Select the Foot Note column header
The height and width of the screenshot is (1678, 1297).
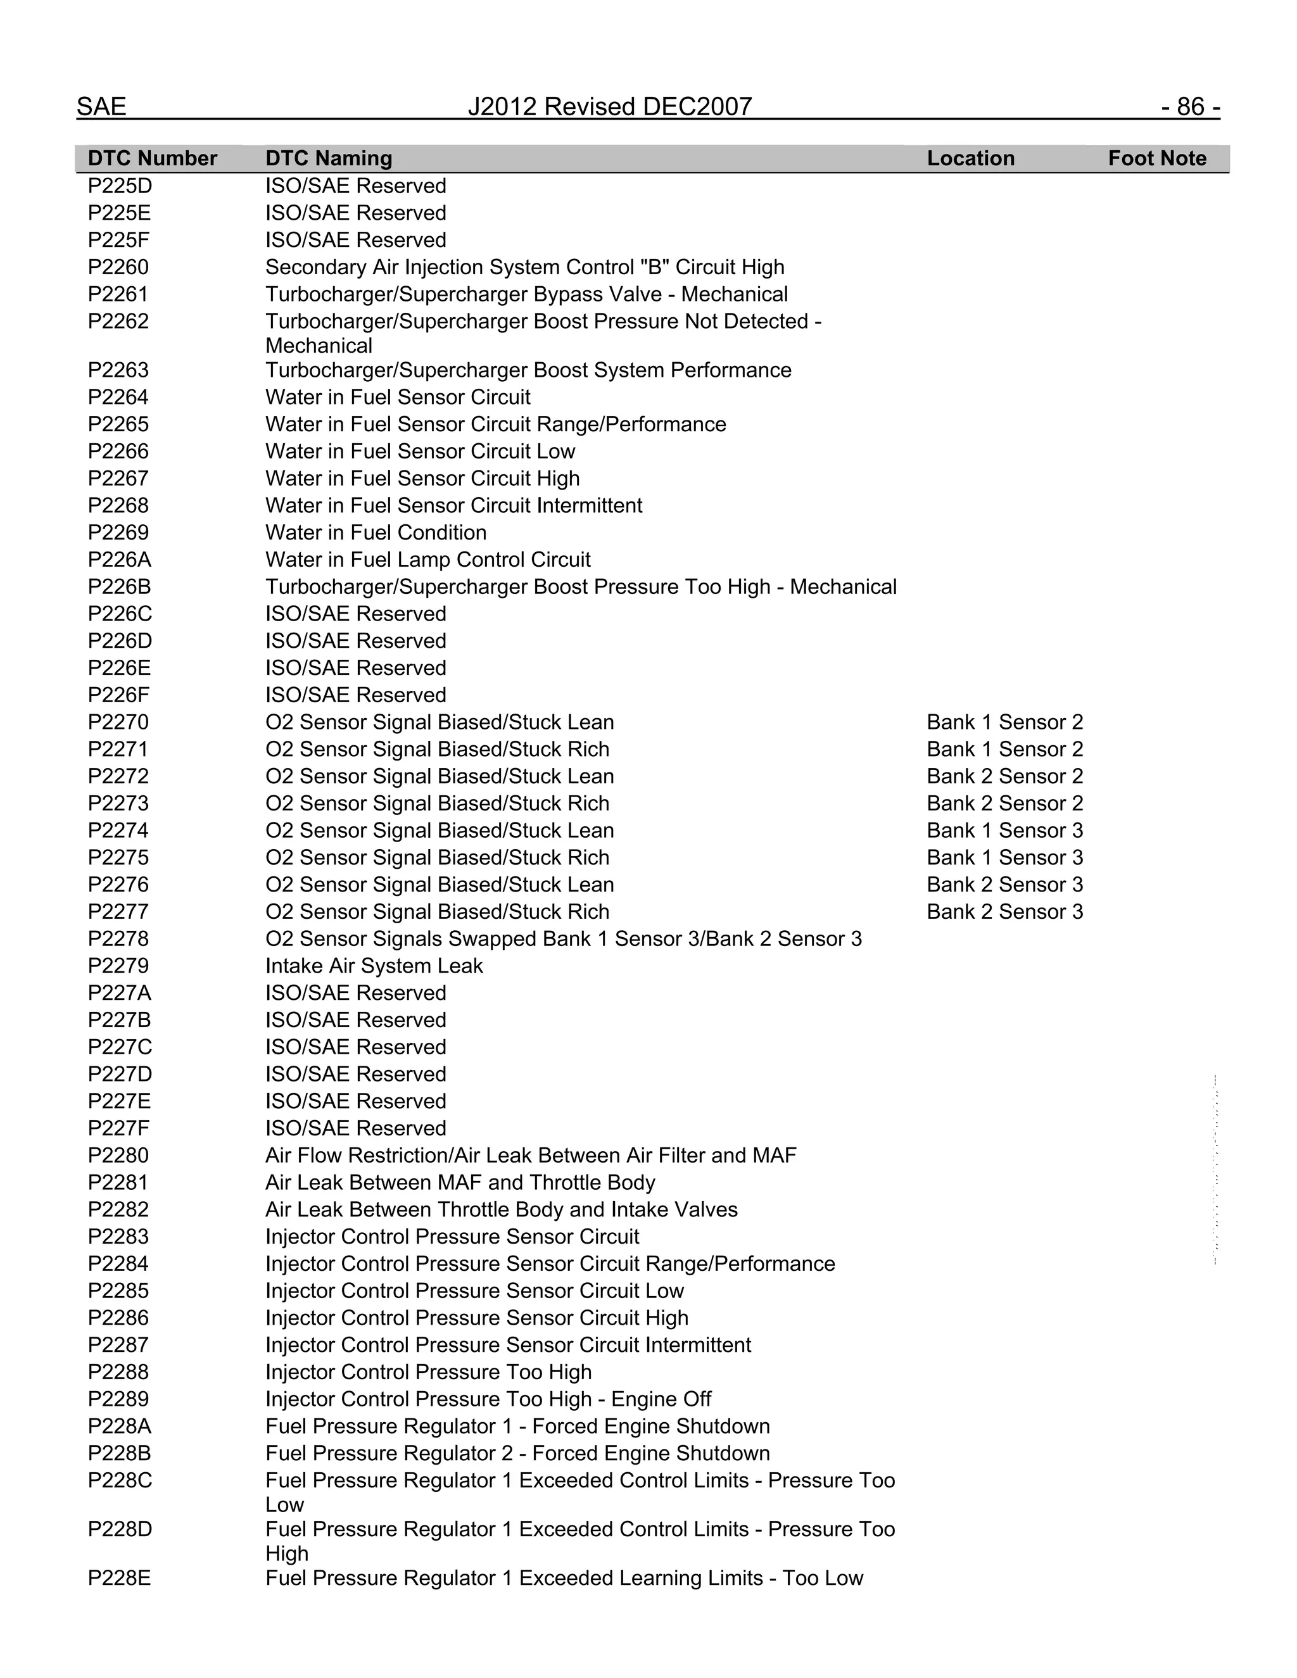(1156, 158)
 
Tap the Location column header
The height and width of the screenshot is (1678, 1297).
(970, 158)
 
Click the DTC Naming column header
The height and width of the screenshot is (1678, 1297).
(329, 158)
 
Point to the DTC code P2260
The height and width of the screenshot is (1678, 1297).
(118, 267)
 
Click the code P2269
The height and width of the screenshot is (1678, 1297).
(118, 533)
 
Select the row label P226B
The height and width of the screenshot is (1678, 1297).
(120, 587)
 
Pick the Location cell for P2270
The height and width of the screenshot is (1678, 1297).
(1004, 722)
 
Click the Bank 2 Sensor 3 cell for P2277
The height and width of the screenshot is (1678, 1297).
(1004, 912)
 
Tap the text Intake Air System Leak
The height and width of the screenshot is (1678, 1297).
(374, 966)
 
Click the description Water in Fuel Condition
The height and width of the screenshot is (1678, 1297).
(376, 533)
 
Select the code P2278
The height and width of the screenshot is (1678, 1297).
(118, 939)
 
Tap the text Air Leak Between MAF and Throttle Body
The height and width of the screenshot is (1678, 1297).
(460, 1182)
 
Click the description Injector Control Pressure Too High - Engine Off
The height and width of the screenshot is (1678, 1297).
(488, 1399)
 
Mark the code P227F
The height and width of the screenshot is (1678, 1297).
(120, 1128)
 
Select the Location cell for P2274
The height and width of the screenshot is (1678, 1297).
(1004, 831)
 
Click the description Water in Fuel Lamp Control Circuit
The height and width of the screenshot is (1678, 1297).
(428, 559)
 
